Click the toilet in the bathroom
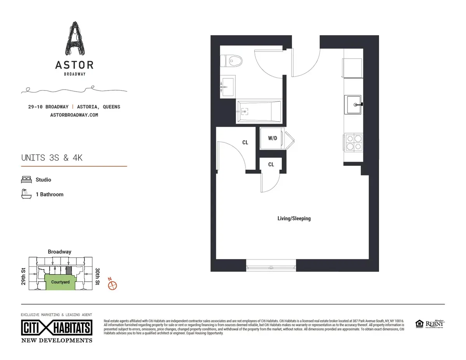231,61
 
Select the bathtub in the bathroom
258,112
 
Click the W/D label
273,138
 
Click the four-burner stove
353,143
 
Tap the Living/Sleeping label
294,218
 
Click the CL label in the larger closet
245,143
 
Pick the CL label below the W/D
271,165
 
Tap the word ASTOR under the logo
74,65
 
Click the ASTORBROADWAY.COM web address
74,115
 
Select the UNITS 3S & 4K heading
52,158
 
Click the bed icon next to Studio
26,180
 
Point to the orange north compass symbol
112,285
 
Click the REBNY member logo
435,323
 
